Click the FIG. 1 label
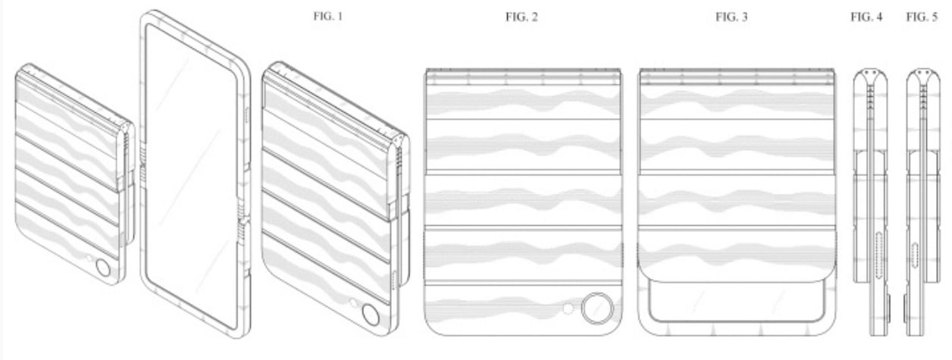[327, 16]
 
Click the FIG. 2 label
[521, 16]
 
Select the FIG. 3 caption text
[731, 16]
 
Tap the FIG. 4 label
[867, 16]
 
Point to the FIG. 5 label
[922, 16]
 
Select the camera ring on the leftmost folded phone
[102, 268]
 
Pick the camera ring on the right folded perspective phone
[371, 314]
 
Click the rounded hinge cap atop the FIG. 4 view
[870, 77]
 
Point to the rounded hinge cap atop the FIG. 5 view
[922, 77]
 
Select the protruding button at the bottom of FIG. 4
[887, 307]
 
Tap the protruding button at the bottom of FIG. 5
[906, 307]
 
